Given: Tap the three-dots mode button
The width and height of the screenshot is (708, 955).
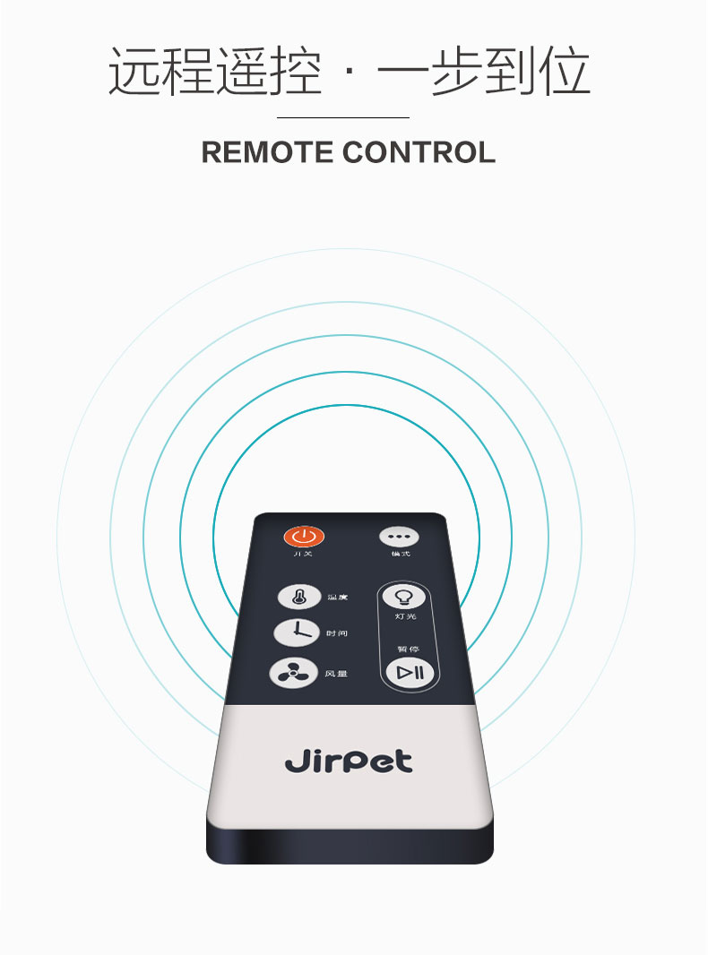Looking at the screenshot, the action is [x=399, y=537].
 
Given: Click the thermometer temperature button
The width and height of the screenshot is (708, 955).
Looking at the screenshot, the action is [x=297, y=597].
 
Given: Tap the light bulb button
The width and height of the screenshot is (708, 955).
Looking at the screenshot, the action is [x=403, y=598].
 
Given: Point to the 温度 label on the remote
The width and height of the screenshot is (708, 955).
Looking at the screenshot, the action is [x=337, y=597].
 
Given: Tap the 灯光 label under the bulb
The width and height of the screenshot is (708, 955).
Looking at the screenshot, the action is [x=405, y=616].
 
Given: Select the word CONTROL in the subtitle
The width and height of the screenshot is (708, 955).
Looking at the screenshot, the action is [x=419, y=152].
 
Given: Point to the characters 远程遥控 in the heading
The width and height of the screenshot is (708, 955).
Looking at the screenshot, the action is [x=214, y=72].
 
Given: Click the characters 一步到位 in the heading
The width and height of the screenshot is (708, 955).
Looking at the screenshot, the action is [x=484, y=72].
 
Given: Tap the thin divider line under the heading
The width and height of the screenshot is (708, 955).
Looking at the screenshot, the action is [x=343, y=117].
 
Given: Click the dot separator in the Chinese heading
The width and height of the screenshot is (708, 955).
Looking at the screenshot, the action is [x=350, y=75].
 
